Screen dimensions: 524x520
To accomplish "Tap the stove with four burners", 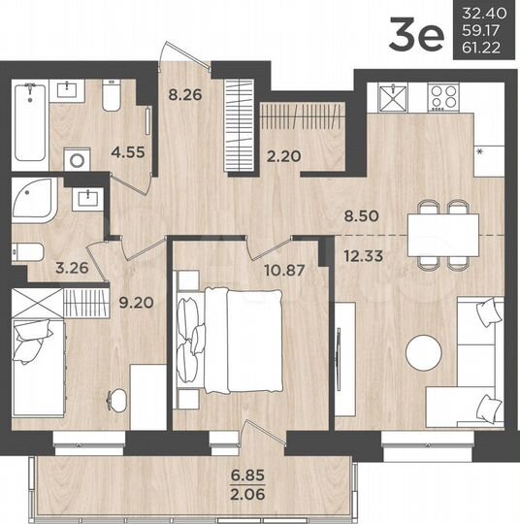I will pos(445,97).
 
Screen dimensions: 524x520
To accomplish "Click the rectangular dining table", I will pos(442,234).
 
